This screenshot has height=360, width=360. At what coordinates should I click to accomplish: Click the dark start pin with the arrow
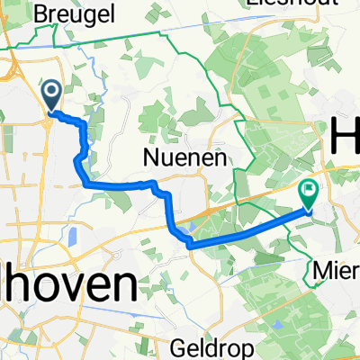coord(49,94)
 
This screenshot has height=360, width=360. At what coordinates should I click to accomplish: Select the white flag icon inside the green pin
coord(309,190)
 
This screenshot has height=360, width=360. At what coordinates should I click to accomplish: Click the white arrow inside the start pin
coord(49,90)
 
